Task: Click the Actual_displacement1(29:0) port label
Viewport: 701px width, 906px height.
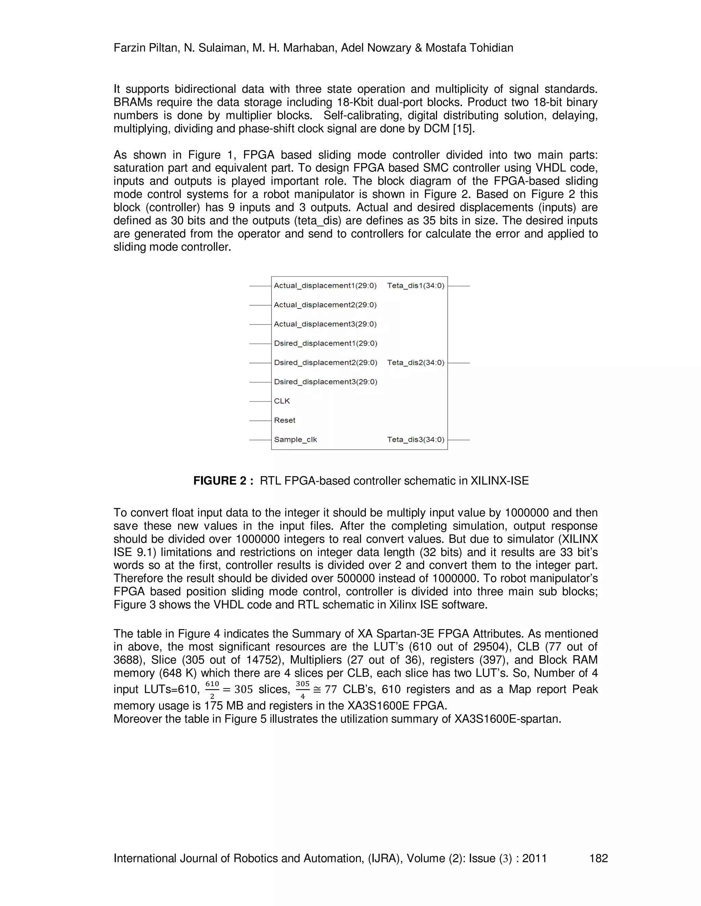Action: (x=325, y=285)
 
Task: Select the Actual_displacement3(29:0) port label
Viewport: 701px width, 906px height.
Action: (x=325, y=324)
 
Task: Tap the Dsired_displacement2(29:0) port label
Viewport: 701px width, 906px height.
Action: (x=326, y=362)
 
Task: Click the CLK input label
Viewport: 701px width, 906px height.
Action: (x=282, y=401)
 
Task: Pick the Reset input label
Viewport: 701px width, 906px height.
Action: (x=284, y=420)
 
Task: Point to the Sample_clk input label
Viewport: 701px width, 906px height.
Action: (x=295, y=440)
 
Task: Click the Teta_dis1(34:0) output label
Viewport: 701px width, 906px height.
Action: (x=416, y=285)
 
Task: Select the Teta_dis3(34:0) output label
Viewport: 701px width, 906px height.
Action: (x=416, y=440)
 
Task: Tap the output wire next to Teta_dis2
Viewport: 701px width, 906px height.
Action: (x=459, y=363)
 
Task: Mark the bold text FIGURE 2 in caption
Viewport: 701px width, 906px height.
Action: (x=224, y=481)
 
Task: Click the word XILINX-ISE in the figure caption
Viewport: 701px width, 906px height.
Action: (x=500, y=481)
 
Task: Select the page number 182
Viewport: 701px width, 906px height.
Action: (x=598, y=858)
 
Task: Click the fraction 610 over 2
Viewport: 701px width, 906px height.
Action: (x=212, y=690)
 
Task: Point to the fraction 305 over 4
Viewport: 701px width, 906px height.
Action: (x=302, y=690)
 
